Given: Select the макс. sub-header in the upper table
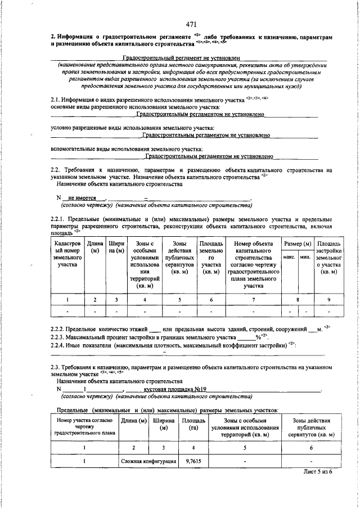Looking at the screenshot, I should [290, 257].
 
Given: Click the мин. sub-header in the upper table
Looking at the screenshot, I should [305, 257].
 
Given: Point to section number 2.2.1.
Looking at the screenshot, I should [60, 218].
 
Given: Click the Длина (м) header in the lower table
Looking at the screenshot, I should [134, 421].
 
